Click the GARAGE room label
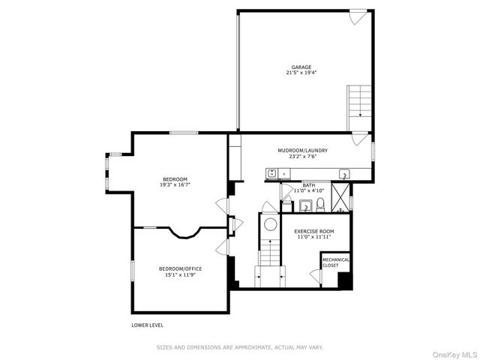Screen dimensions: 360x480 pos(301,67)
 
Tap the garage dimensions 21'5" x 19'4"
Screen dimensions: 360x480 pos(301,73)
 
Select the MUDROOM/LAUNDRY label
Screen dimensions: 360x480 pos(302,151)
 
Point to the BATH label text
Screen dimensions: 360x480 pos(309,184)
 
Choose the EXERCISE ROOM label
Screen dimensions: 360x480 pos(314,231)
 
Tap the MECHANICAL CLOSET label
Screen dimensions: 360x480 pos(335,262)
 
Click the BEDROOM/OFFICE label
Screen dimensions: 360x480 pos(180,268)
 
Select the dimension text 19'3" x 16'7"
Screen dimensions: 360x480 pos(175,184)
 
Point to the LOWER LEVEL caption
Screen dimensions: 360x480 pos(147,325)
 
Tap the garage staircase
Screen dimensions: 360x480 pos(359,100)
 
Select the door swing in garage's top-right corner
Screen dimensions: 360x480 pos(358,17)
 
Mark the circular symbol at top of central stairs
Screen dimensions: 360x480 pos(269,223)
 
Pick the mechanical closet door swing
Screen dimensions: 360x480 pos(316,277)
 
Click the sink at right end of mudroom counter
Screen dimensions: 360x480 pos(344,175)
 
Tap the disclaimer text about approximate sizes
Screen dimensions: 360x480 pos(239,347)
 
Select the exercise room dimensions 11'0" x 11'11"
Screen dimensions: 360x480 pos(314,237)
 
